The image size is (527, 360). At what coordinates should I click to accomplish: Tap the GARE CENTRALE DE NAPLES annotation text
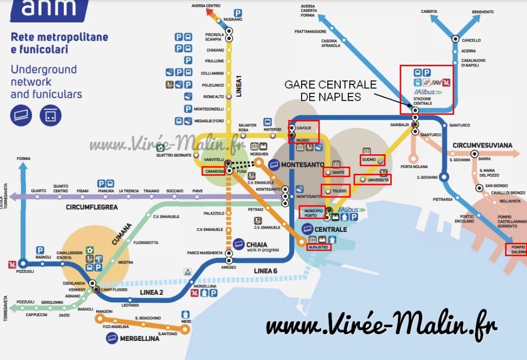(330, 91)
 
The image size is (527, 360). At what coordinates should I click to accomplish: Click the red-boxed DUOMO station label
(369, 160)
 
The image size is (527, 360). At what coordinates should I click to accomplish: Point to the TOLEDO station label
(340, 192)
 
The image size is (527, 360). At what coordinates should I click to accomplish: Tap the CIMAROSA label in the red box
(213, 171)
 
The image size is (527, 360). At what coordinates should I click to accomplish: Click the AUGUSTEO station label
(318, 247)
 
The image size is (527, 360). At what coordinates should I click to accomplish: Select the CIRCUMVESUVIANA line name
(482, 146)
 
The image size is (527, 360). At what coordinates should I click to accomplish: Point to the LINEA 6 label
(266, 271)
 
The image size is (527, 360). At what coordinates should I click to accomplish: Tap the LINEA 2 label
(152, 293)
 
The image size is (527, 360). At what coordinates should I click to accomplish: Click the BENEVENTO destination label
(483, 12)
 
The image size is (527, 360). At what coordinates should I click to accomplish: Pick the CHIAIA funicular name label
(257, 244)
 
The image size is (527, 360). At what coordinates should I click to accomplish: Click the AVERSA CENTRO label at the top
(206, 6)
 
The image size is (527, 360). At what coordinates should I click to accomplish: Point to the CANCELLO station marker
(455, 39)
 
